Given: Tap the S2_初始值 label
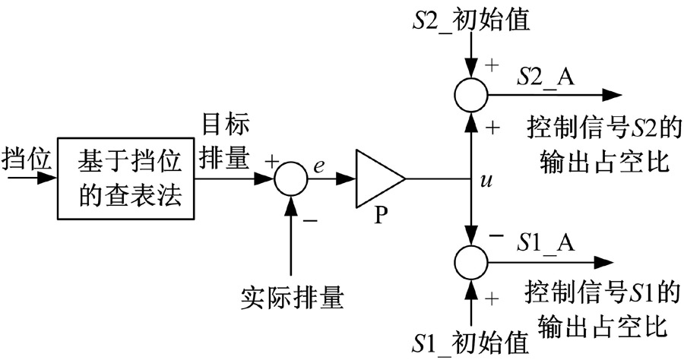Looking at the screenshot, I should click(472, 19).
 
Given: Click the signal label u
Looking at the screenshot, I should click(486, 181).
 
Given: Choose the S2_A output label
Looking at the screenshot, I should click(543, 76).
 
